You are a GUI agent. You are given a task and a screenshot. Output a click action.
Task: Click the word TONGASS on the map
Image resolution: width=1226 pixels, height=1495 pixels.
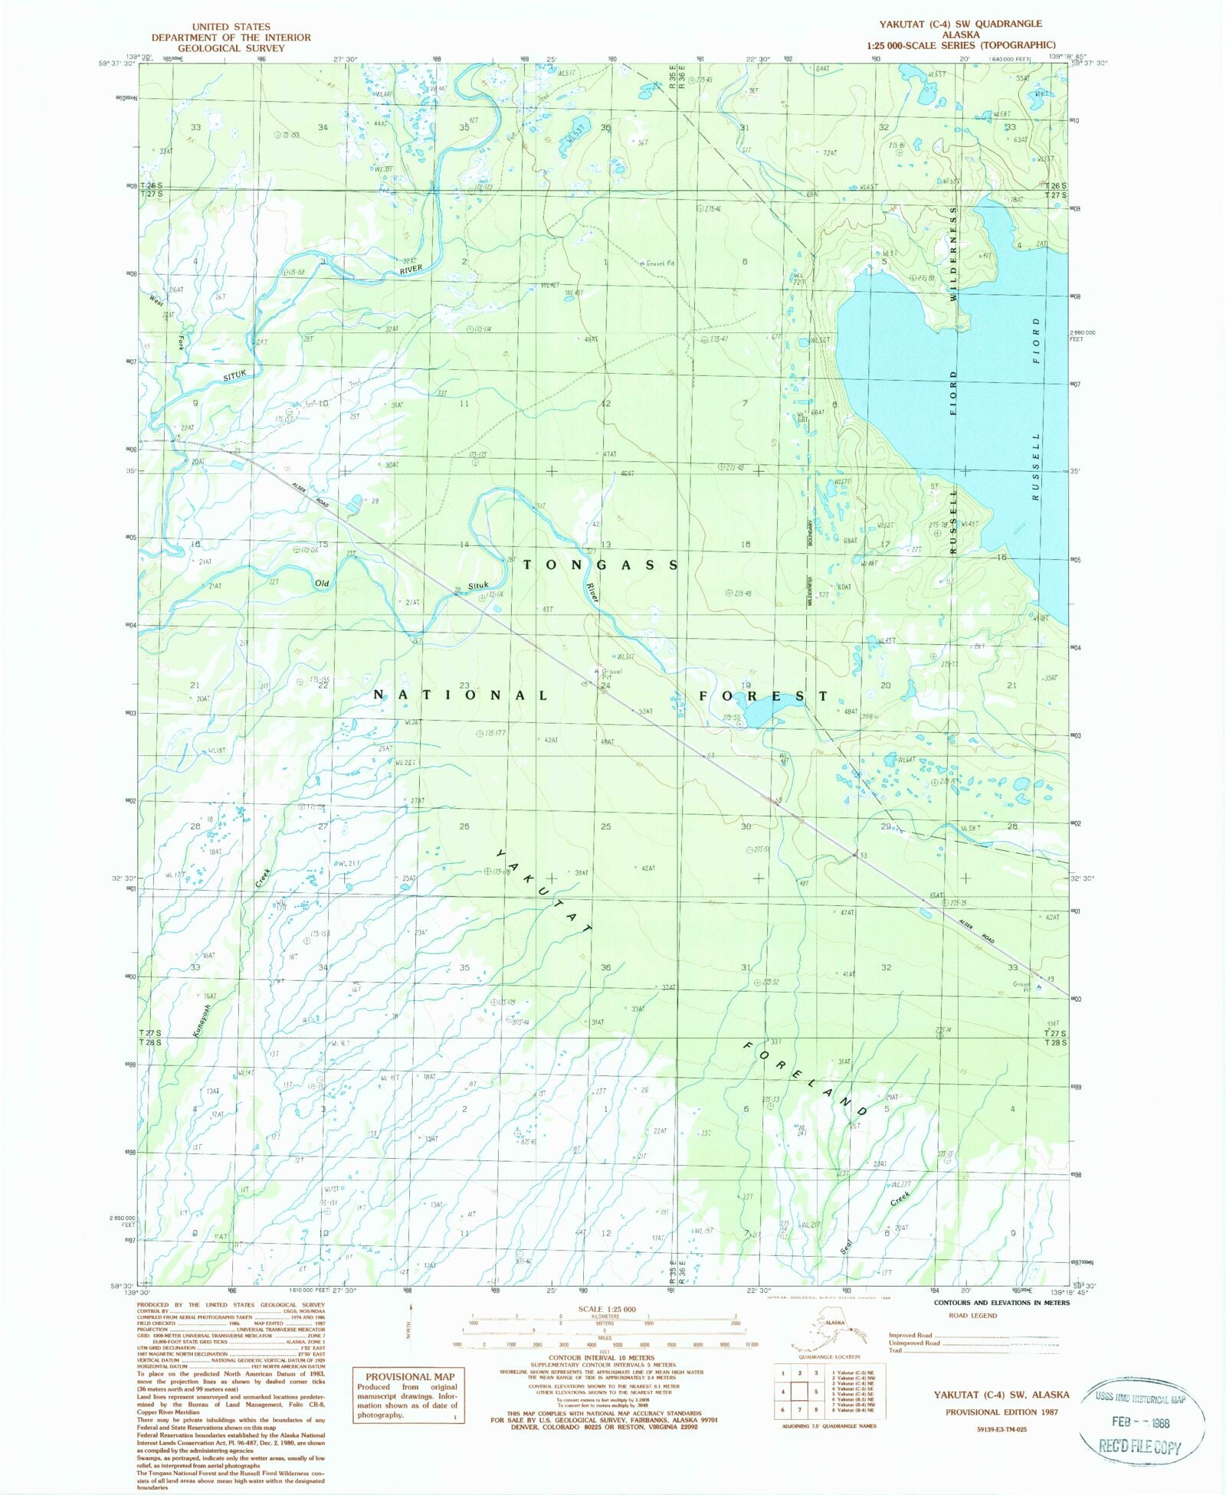coord(602,565)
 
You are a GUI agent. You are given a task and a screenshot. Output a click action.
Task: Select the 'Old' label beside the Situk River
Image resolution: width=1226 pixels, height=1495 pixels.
coord(323,584)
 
